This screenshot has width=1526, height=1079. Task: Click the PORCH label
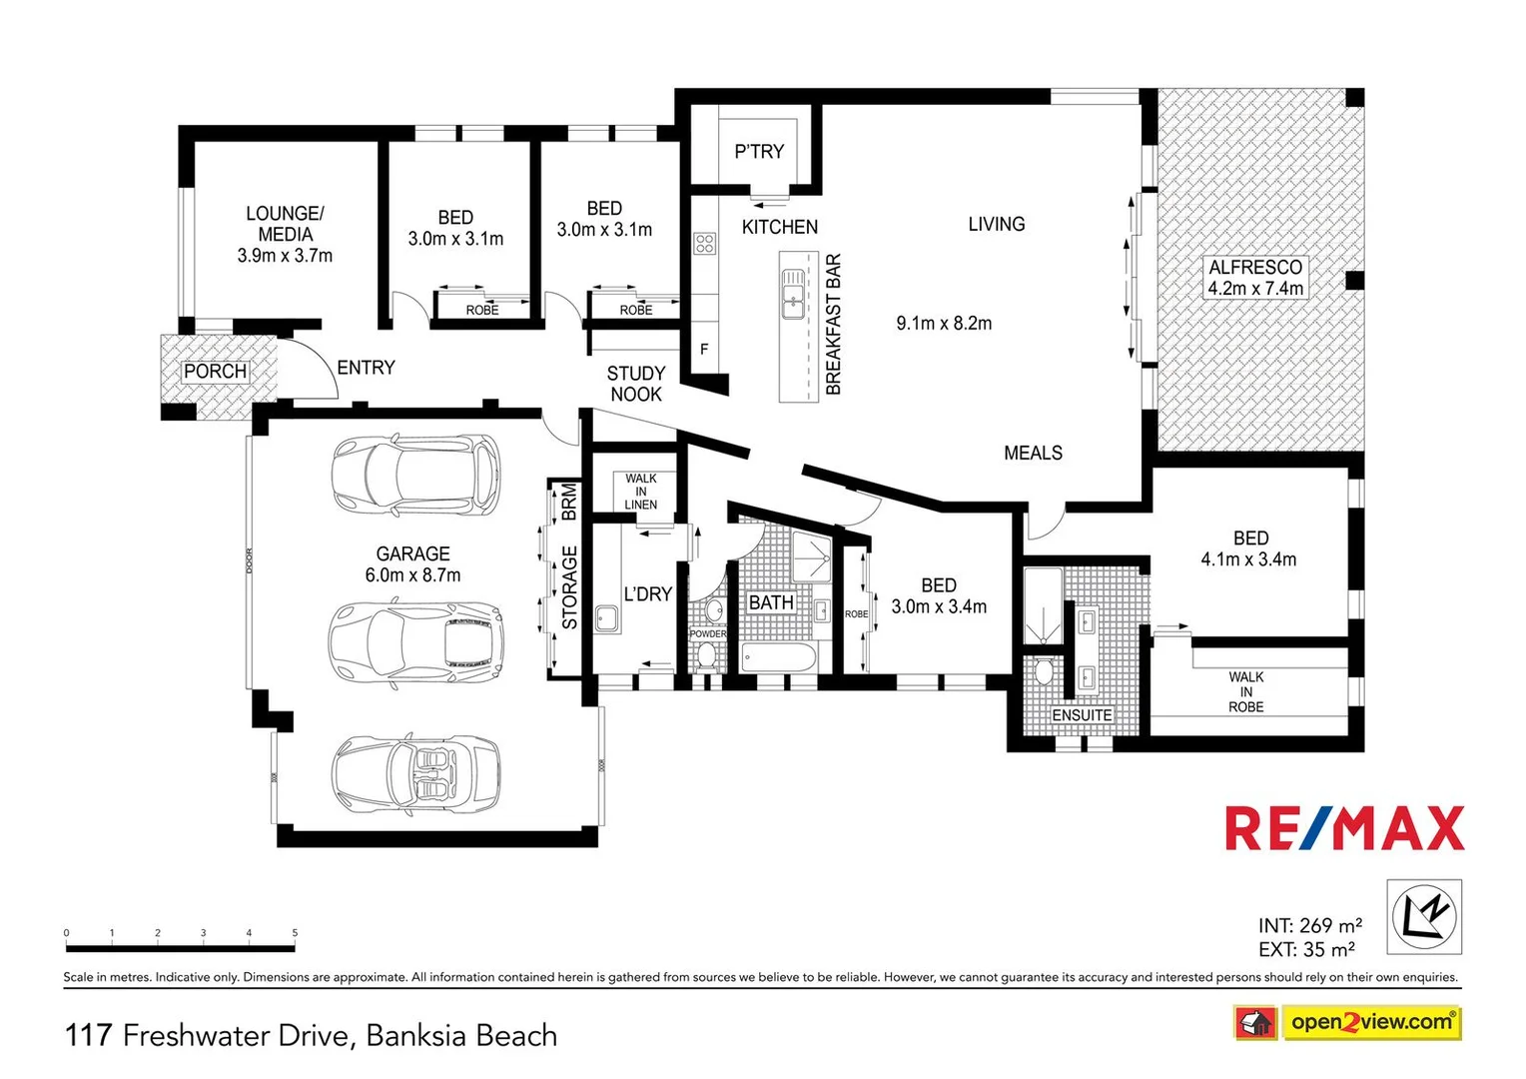coord(215,372)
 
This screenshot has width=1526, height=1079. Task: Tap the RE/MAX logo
coord(1344,828)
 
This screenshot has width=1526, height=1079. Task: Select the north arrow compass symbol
coord(1424,916)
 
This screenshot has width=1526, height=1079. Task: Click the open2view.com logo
coord(1370,1022)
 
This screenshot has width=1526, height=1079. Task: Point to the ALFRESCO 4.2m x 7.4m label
coord(1255,278)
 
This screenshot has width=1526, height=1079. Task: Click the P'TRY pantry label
coord(759,152)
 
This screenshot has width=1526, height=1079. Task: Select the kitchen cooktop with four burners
coord(705,243)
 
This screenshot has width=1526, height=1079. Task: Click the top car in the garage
coord(416,476)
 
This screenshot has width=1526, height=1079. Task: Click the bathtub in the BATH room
coord(779,658)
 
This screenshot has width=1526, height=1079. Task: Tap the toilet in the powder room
coord(706,655)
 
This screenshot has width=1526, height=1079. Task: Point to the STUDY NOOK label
coord(636,384)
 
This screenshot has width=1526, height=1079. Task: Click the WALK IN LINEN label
coord(641,492)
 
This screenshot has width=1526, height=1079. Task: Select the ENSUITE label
coord(1082,715)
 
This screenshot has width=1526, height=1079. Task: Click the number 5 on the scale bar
coord(295,933)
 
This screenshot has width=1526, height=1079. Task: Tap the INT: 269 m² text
coord(1309,926)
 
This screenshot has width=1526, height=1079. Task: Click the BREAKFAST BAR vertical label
coord(834,325)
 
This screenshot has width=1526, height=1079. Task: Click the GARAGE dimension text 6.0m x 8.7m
coord(412,575)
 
